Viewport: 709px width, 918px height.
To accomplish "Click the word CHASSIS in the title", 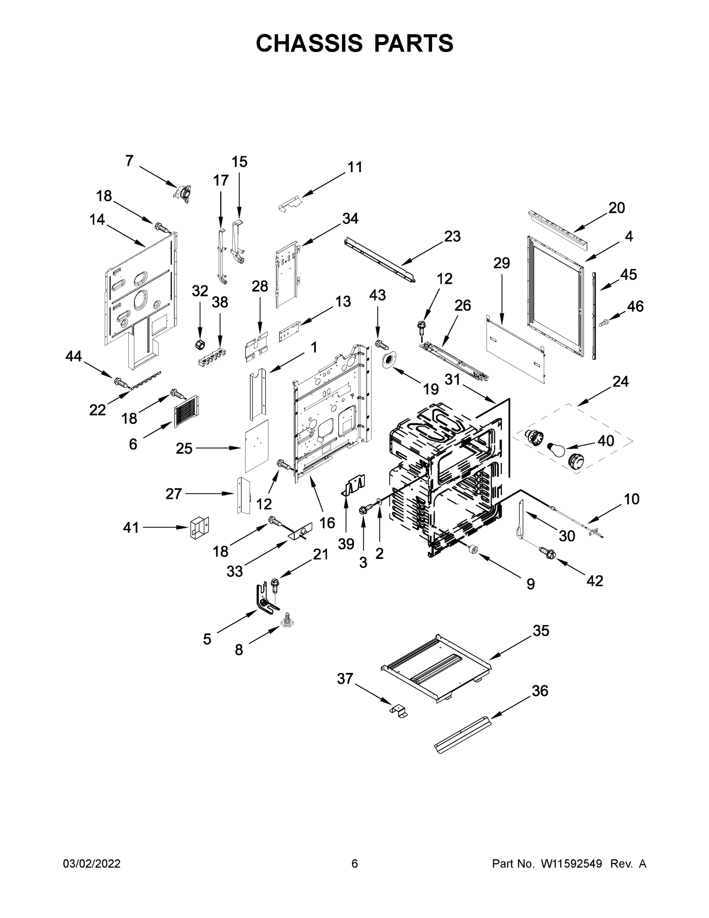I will (309, 43).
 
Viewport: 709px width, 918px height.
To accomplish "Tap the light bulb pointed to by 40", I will (555, 451).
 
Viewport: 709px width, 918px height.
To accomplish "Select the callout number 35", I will (541, 630).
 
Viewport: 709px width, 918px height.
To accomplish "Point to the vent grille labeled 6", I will (186, 412).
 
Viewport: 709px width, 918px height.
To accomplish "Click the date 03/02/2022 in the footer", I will (92, 864).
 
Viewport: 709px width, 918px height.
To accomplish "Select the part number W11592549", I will (571, 864).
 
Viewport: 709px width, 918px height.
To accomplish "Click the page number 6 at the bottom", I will (355, 864).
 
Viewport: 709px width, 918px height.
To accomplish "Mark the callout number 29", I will (501, 263).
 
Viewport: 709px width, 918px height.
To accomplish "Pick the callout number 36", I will (540, 690).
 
